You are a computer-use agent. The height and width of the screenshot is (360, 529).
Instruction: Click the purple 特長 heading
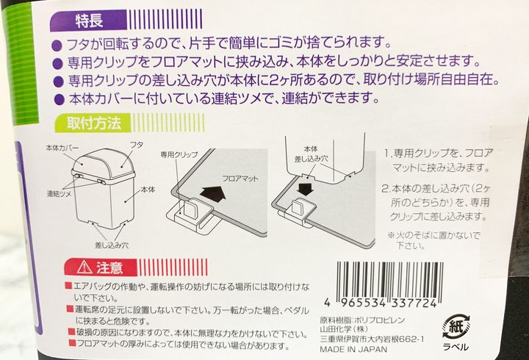tap(89, 21)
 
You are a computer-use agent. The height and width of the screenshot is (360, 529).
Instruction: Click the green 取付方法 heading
tap(94, 123)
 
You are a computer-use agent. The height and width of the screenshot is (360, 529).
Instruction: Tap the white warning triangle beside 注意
tap(84, 267)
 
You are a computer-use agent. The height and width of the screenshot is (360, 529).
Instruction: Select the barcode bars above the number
tap(389, 279)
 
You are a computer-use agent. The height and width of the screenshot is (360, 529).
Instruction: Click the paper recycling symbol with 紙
tap(456, 326)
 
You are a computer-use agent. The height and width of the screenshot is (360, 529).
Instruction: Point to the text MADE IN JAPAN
tap(353, 349)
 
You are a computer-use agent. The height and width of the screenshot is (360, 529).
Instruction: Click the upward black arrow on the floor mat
tap(215, 195)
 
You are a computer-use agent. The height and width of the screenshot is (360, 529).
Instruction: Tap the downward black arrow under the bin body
tap(306, 188)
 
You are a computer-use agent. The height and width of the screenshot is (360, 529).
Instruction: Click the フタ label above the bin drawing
tap(137, 145)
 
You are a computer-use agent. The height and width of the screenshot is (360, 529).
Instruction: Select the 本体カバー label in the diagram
tap(62, 148)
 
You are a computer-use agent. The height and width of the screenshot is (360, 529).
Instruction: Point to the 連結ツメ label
tap(59, 194)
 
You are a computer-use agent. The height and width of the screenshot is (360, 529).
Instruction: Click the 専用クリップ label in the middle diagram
tap(179, 154)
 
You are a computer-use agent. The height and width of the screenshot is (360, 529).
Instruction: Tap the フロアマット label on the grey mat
tap(240, 179)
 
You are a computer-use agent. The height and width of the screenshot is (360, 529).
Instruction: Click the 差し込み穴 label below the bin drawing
tap(112, 245)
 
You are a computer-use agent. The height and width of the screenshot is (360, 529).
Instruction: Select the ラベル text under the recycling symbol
tap(456, 347)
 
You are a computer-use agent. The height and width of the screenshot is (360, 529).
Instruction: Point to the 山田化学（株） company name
tap(344, 328)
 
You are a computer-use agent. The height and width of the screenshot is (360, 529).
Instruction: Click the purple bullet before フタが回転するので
tap(57, 46)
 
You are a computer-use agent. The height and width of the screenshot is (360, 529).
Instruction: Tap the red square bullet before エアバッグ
tap(69, 286)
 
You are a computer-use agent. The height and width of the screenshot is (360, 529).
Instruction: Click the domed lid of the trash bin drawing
tap(104, 164)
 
